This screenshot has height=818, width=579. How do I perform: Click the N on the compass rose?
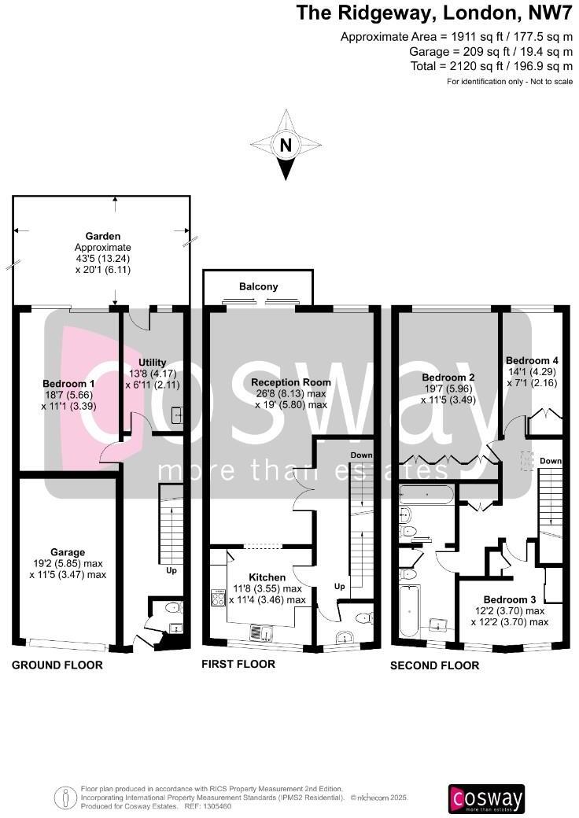[286, 145]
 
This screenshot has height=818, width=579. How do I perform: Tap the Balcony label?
[258, 287]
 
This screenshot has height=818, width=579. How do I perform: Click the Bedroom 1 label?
[68, 384]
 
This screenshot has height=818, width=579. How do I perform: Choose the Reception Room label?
[291, 382]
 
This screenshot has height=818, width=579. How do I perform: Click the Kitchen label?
[267, 577]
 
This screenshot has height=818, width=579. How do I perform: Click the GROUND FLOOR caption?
[57, 665]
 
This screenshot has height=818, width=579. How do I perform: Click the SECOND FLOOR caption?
[434, 665]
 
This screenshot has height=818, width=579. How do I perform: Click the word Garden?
[103, 236]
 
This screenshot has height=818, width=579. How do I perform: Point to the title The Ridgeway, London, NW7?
[434, 13]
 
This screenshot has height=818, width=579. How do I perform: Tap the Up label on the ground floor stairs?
[171, 569]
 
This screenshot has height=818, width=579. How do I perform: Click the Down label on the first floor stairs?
[361, 456]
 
